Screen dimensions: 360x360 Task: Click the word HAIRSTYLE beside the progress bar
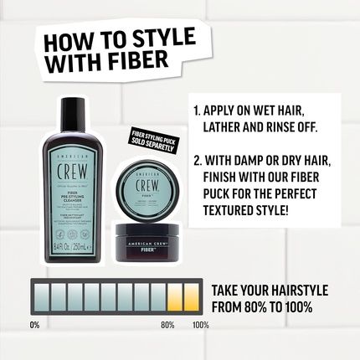click(x=289, y=290)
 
